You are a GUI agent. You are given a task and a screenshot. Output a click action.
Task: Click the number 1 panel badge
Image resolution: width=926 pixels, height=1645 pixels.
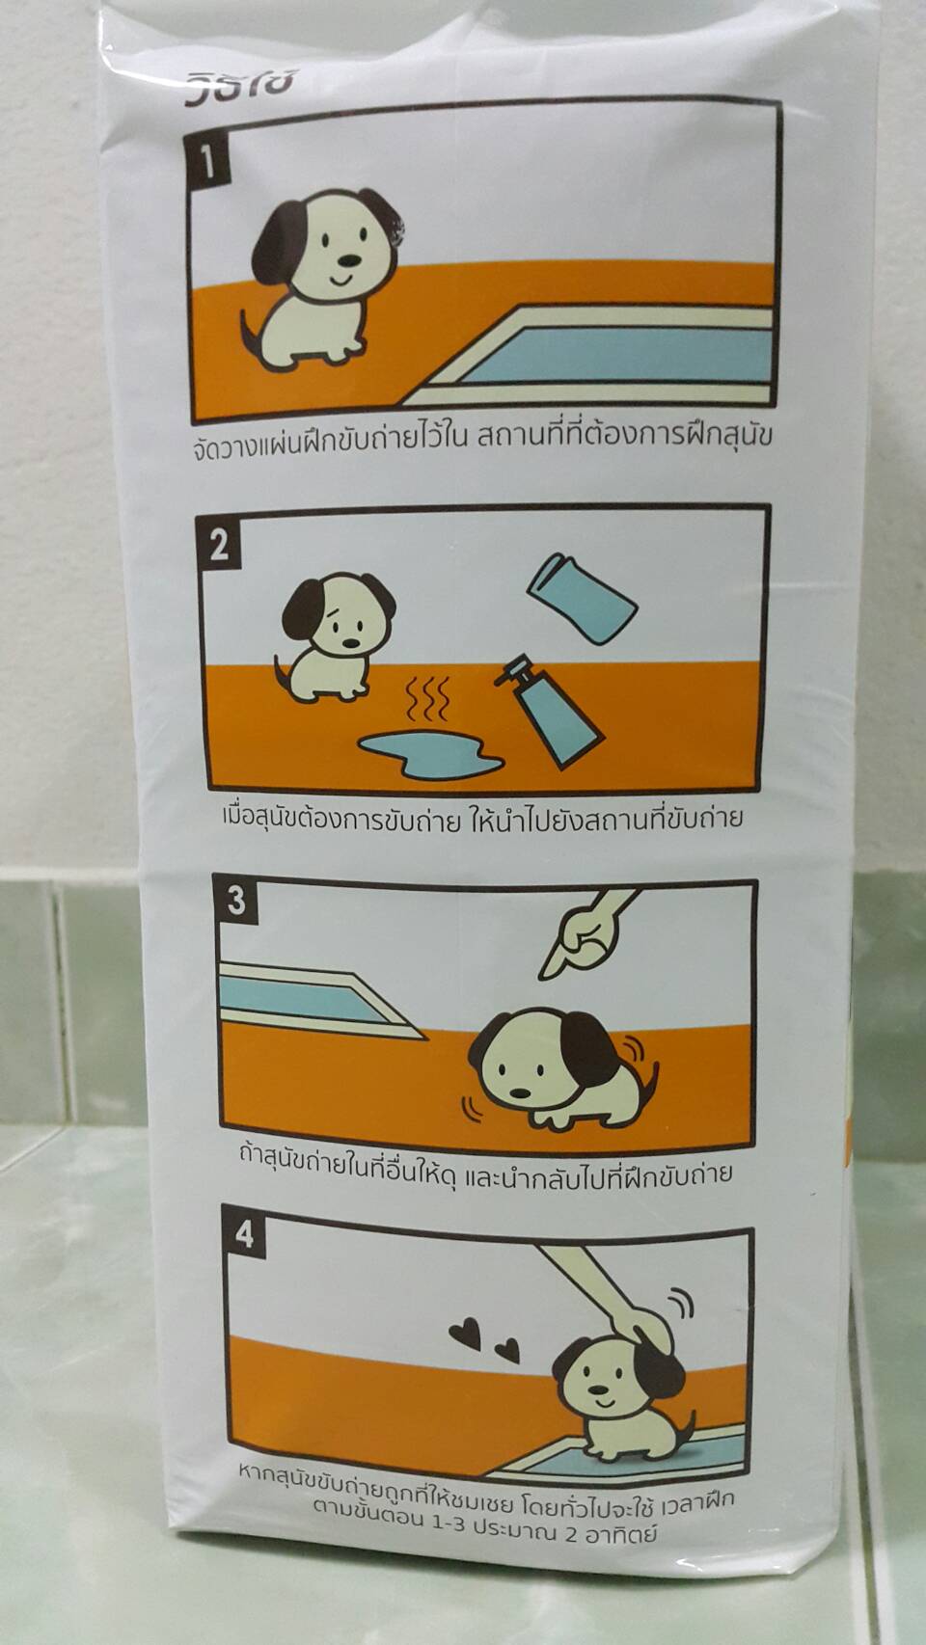[x=208, y=163]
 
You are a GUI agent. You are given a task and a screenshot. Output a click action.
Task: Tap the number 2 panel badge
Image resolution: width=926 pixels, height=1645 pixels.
[x=219, y=547]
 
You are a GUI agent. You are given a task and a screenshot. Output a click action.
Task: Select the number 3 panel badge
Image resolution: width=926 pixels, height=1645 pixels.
[x=236, y=901]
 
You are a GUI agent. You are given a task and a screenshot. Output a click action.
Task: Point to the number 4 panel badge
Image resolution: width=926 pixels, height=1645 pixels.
[x=244, y=1235]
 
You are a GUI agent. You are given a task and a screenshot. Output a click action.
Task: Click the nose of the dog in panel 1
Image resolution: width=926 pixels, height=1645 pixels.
[x=347, y=260]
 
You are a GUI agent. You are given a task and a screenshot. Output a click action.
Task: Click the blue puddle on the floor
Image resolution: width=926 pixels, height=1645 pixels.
[x=430, y=754]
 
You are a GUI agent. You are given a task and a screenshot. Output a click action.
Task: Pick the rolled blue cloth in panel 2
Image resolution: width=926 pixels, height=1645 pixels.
[x=582, y=600]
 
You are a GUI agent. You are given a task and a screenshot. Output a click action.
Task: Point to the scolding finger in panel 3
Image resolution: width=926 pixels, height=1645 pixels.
[x=585, y=934]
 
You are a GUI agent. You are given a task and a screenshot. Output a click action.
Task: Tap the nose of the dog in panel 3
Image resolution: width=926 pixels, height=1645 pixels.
[x=520, y=1092]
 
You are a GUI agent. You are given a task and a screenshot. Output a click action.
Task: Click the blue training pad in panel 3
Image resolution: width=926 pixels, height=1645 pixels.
[x=309, y=1000]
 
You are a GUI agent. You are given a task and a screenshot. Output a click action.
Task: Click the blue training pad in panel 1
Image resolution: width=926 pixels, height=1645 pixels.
[x=617, y=356]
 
